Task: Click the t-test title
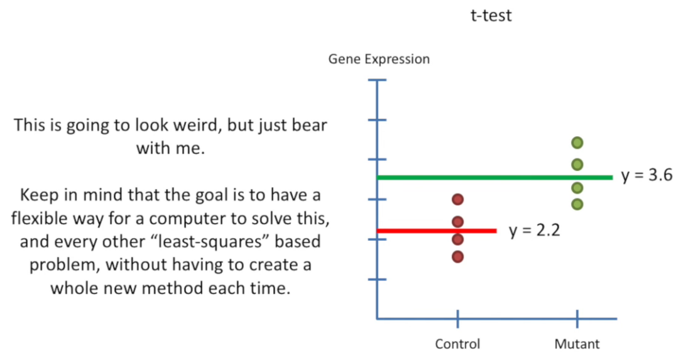tap(491, 15)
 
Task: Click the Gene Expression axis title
tap(379, 59)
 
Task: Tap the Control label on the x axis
tap(457, 344)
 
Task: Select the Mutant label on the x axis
tap(577, 344)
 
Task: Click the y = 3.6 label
tap(647, 175)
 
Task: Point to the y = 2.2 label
tap(534, 231)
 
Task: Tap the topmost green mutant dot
tap(577, 143)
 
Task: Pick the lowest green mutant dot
tap(577, 204)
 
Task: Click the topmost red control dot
tap(457, 199)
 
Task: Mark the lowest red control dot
tap(457, 256)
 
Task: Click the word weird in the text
tap(192, 125)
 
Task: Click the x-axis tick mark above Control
tap(457, 319)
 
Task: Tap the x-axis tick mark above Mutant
tap(577, 319)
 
